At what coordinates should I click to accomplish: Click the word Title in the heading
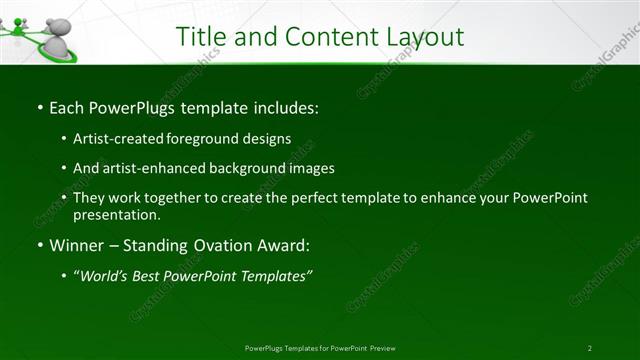pyautogui.click(x=201, y=37)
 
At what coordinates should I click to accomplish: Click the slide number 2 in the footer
pyautogui.click(x=590, y=348)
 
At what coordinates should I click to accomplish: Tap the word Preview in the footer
pyautogui.click(x=382, y=348)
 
